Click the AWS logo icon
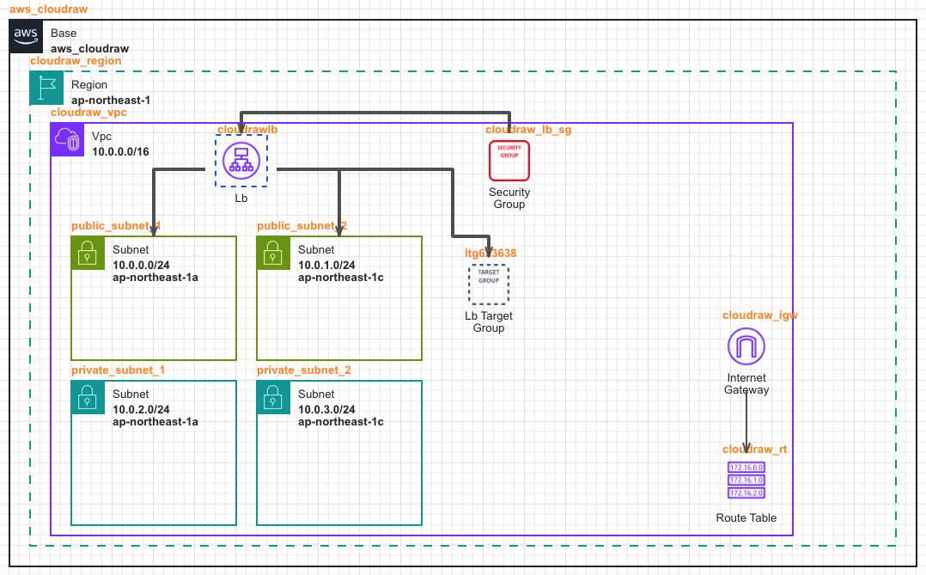pyautogui.click(x=26, y=37)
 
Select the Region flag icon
pyautogui.click(x=46, y=89)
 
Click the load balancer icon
pyautogui.click(x=241, y=161)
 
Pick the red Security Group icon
pyautogui.click(x=509, y=161)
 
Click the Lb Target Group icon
pyautogui.click(x=489, y=284)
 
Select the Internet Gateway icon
pyautogui.click(x=746, y=347)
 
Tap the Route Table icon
pyautogui.click(x=746, y=480)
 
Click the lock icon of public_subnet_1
pyautogui.click(x=88, y=253)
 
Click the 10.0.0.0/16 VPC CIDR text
pyautogui.click(x=120, y=152)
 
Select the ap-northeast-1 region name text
pyautogui.click(x=111, y=100)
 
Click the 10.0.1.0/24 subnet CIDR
pyautogui.click(x=326, y=266)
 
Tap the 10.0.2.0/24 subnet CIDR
pyautogui.click(x=141, y=410)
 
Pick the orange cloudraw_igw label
pyautogui.click(x=760, y=315)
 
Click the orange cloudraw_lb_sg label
pyautogui.click(x=528, y=130)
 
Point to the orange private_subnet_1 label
pyautogui.click(x=118, y=370)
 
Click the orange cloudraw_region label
pyautogui.click(x=76, y=61)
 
